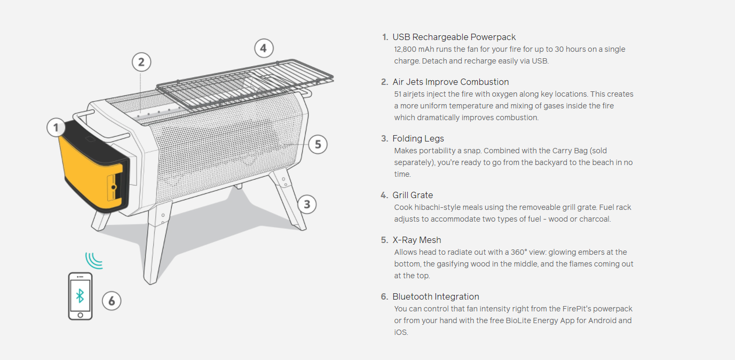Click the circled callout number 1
click(x=56, y=128)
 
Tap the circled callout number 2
click(x=141, y=62)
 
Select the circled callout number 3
click(x=306, y=204)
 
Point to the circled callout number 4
click(x=263, y=49)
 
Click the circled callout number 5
click(x=318, y=144)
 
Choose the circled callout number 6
click(x=112, y=301)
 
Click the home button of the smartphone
click(x=80, y=315)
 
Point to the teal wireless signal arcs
click(x=94, y=260)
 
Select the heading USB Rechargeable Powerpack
click(x=454, y=37)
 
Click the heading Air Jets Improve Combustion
click(x=451, y=82)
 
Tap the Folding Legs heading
click(x=418, y=138)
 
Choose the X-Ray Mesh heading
click(x=416, y=240)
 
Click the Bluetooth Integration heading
click(x=436, y=296)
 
